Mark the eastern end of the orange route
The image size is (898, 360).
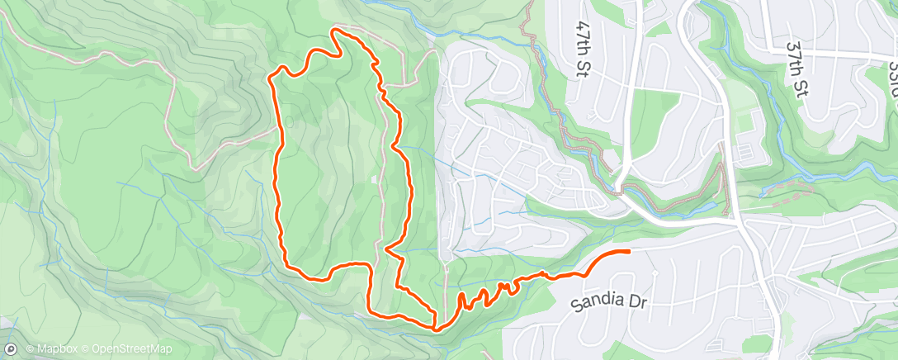(x=629, y=251)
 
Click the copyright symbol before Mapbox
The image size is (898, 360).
(x=30, y=349)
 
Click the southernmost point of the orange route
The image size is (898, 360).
(x=435, y=328)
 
